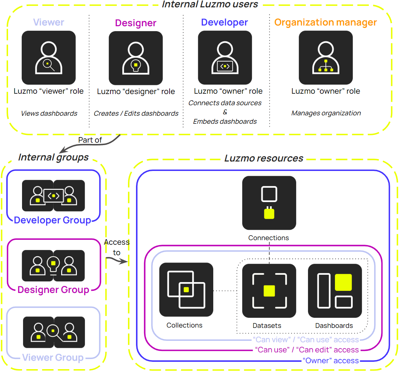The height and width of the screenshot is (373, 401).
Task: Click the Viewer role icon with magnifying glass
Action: (x=49, y=58)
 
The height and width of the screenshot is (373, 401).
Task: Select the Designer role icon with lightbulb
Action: (x=136, y=58)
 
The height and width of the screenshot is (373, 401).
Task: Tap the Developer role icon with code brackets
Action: (x=225, y=58)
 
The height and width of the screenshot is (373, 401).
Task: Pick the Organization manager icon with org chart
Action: (x=326, y=58)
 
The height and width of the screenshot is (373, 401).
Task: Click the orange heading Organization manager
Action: (x=325, y=22)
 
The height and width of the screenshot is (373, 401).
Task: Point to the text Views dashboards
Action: (x=49, y=113)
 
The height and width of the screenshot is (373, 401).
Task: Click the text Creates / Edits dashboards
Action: (x=136, y=113)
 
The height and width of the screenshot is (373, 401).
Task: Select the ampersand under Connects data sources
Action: (x=225, y=112)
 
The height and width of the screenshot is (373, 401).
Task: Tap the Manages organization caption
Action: (x=326, y=113)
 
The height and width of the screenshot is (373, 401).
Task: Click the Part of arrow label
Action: (x=90, y=140)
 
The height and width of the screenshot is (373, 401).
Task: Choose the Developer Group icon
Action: (x=53, y=196)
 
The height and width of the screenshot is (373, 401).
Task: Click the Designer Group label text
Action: (x=53, y=290)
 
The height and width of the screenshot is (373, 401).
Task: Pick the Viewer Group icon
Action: (x=54, y=332)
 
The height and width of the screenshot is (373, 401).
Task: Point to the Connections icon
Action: (x=269, y=203)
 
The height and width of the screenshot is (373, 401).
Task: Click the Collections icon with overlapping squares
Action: (x=186, y=289)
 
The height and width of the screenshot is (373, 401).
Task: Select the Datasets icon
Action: (x=269, y=291)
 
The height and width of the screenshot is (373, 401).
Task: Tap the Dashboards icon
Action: (x=335, y=291)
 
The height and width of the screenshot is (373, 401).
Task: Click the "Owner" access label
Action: (x=331, y=361)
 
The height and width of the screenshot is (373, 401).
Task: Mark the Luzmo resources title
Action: (x=264, y=158)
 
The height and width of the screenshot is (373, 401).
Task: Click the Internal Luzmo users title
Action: (x=210, y=5)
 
